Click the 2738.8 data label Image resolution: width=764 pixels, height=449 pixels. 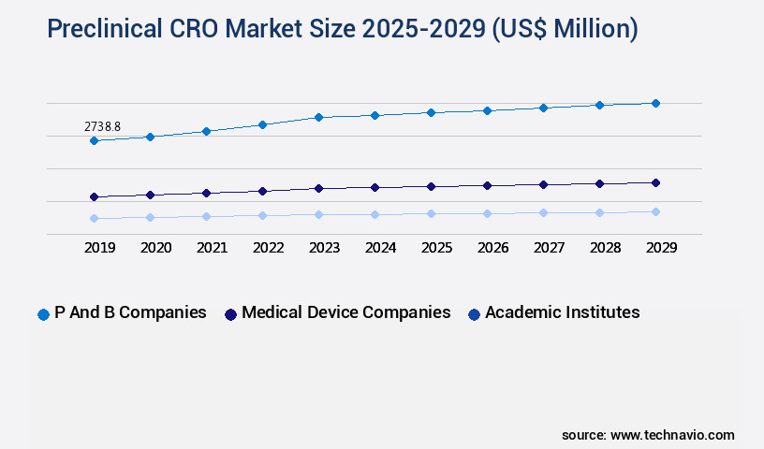[102, 125]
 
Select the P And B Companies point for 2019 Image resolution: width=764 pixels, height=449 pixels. [94, 140]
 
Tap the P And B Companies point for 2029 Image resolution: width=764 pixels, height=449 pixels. [655, 103]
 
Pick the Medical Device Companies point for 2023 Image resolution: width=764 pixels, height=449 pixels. [318, 188]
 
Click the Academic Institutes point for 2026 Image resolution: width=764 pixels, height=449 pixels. [487, 213]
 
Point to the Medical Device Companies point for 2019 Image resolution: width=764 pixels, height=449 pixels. [94, 196]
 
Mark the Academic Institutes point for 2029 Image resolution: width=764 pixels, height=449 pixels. [655, 211]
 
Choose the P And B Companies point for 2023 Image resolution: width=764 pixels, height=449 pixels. [318, 117]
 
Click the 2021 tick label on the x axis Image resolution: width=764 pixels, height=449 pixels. [212, 248]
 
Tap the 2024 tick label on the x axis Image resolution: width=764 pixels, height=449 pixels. [380, 248]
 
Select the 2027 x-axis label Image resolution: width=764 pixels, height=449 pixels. [549, 248]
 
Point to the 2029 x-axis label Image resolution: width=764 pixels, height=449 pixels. [661, 248]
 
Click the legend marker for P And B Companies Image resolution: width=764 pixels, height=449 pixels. [43, 314]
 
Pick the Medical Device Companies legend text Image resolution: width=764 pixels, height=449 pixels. [345, 312]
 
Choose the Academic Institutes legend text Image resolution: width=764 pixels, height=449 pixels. [562, 312]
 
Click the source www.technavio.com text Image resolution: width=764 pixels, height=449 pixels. [648, 435]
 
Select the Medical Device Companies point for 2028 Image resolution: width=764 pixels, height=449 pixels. [599, 183]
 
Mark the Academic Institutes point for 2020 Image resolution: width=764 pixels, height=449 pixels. [150, 217]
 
